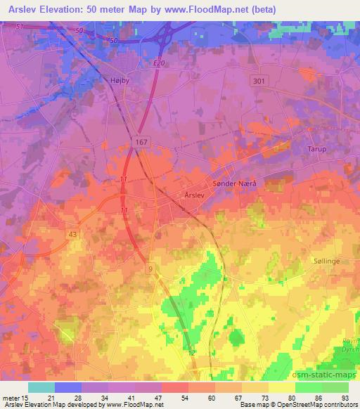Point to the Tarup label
click(x=318, y=149)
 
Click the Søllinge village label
click(x=326, y=260)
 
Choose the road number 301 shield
click(x=259, y=82)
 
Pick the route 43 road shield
click(x=73, y=234)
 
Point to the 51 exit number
click(x=19, y=27)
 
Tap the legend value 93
click(x=345, y=398)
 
